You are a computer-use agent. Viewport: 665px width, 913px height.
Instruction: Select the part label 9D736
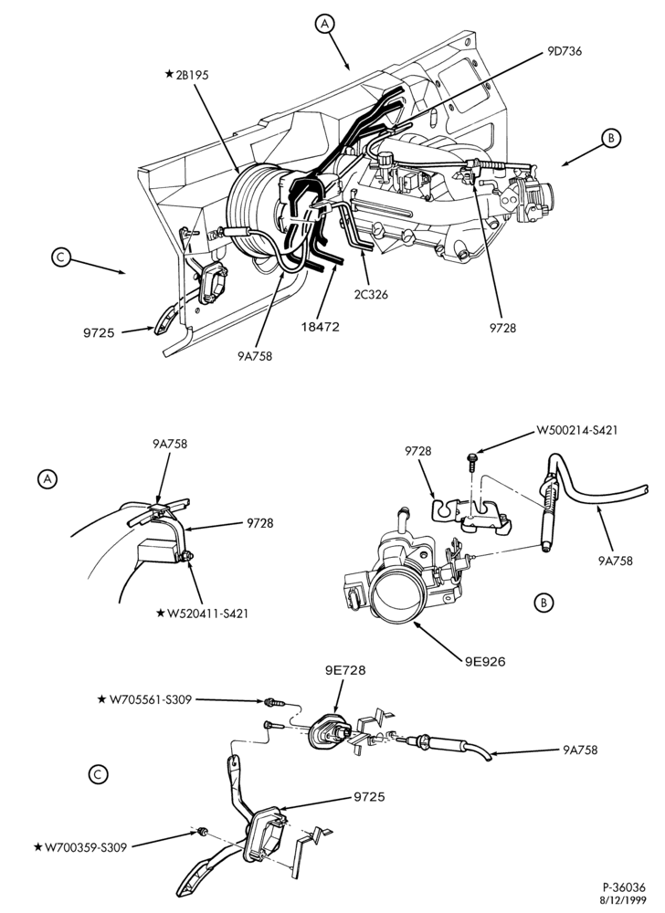point(565,51)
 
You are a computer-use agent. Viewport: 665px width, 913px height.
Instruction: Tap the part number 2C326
point(370,295)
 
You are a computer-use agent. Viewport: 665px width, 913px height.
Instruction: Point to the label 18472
point(321,327)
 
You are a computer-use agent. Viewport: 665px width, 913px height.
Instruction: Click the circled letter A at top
point(325,23)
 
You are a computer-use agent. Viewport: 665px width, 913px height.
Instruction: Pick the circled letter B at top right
point(611,139)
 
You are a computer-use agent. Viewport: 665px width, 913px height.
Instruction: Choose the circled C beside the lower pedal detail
point(98,774)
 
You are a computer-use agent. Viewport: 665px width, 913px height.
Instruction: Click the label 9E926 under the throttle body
point(486,661)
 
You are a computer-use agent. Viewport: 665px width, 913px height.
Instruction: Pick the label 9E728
point(345,670)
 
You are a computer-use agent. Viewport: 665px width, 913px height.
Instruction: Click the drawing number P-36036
point(624,888)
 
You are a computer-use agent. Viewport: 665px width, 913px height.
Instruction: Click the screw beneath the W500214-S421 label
point(471,461)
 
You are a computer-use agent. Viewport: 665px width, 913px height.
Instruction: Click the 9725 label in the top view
point(99,333)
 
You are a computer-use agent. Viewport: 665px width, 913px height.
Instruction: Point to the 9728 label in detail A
point(259,523)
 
